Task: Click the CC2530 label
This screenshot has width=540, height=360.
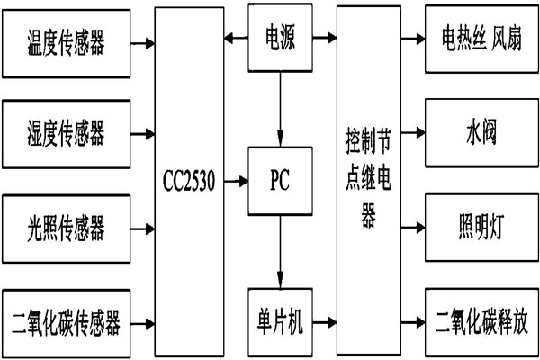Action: tap(189, 180)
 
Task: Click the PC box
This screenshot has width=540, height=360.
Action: tap(280, 180)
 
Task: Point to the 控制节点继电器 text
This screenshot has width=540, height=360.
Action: tap(368, 180)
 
